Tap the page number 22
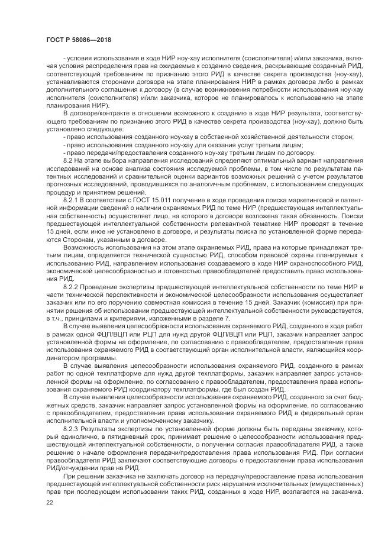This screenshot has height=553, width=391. (x=49, y=502)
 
